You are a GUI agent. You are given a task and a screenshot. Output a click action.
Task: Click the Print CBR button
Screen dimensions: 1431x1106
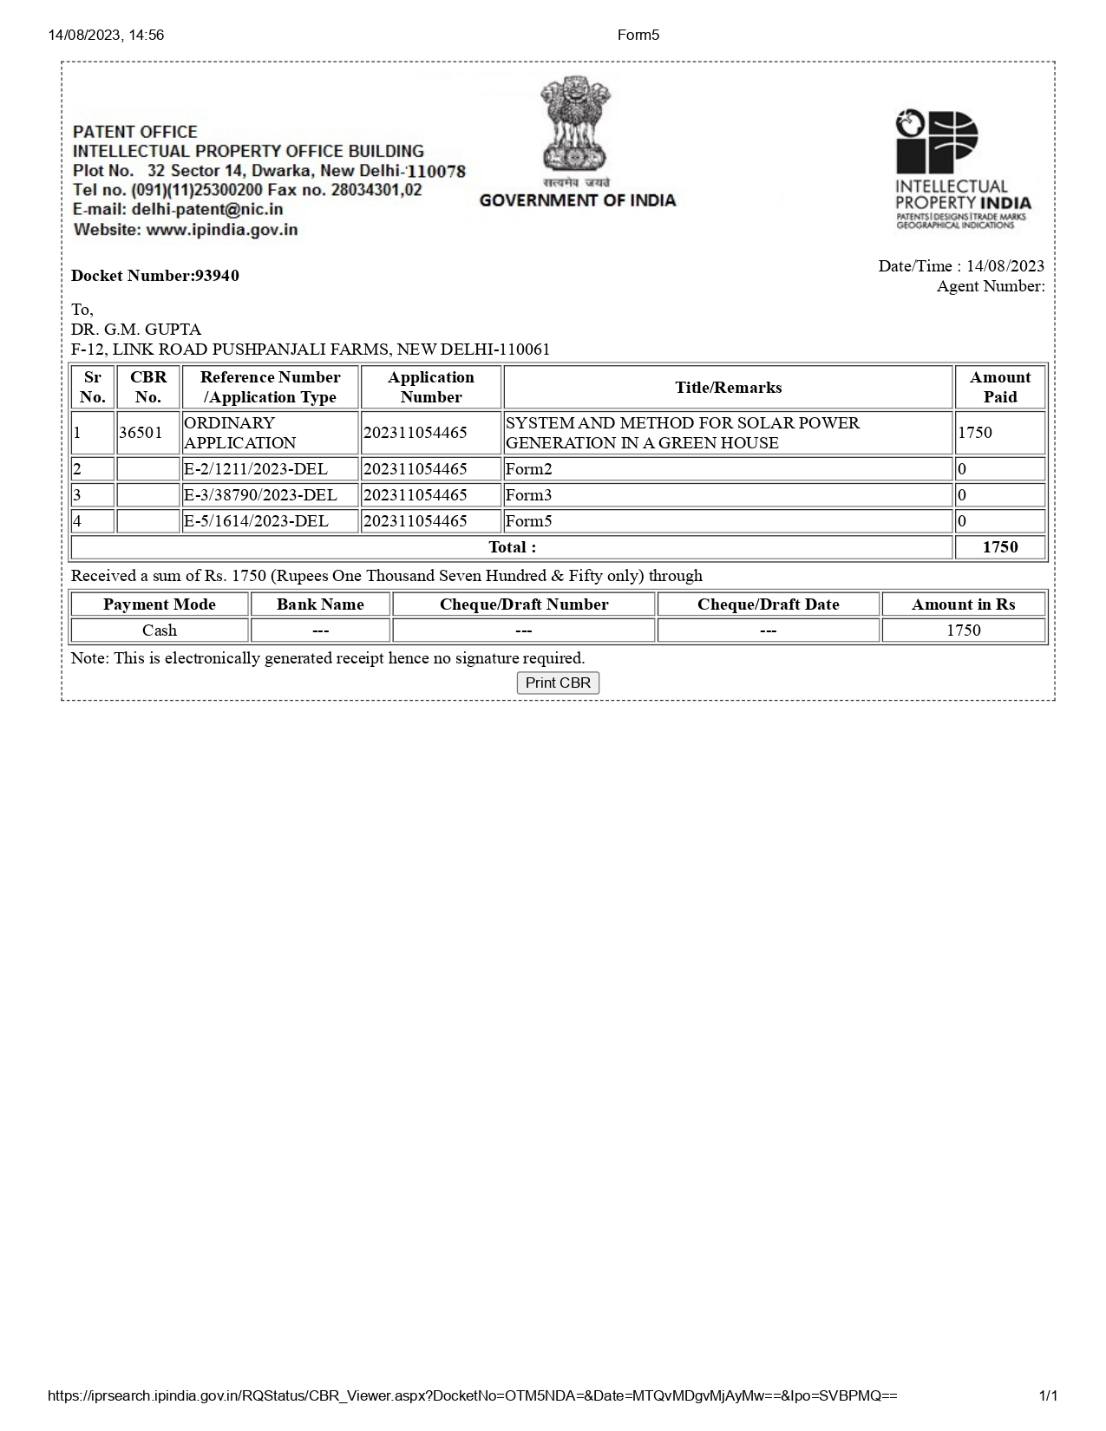(x=558, y=683)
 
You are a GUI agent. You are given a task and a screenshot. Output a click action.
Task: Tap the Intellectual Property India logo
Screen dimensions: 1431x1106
(x=962, y=169)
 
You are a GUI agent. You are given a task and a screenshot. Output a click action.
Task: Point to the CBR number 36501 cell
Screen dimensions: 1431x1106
(x=141, y=433)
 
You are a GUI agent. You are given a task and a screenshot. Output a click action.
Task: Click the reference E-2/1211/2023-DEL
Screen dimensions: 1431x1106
(x=256, y=469)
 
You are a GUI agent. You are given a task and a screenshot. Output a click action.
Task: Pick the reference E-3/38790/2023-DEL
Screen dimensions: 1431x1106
(x=260, y=495)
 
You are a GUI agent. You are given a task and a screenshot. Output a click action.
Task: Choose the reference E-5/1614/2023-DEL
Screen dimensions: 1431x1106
(x=256, y=521)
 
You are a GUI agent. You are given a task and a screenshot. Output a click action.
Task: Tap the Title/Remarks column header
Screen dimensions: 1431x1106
(x=728, y=388)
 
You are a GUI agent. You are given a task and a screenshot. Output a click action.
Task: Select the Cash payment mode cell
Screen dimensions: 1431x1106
(x=160, y=631)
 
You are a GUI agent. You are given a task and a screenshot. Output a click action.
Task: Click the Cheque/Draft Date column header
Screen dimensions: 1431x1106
(x=768, y=604)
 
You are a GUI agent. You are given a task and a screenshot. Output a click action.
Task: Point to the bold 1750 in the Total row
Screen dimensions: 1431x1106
(x=999, y=547)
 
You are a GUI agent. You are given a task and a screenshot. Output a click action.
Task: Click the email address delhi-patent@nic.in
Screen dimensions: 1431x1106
(x=207, y=210)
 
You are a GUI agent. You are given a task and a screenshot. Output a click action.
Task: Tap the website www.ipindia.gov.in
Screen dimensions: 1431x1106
(x=222, y=230)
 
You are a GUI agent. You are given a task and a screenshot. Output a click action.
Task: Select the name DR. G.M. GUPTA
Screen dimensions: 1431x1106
(x=136, y=330)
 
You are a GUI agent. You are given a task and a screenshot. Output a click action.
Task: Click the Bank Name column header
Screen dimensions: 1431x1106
(x=320, y=604)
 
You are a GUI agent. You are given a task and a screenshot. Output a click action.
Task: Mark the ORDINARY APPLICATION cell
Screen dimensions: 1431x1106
(x=240, y=433)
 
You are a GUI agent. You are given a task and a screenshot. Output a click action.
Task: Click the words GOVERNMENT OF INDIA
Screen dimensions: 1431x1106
(x=577, y=200)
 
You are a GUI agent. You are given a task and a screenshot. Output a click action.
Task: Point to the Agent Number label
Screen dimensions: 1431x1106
(x=990, y=286)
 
